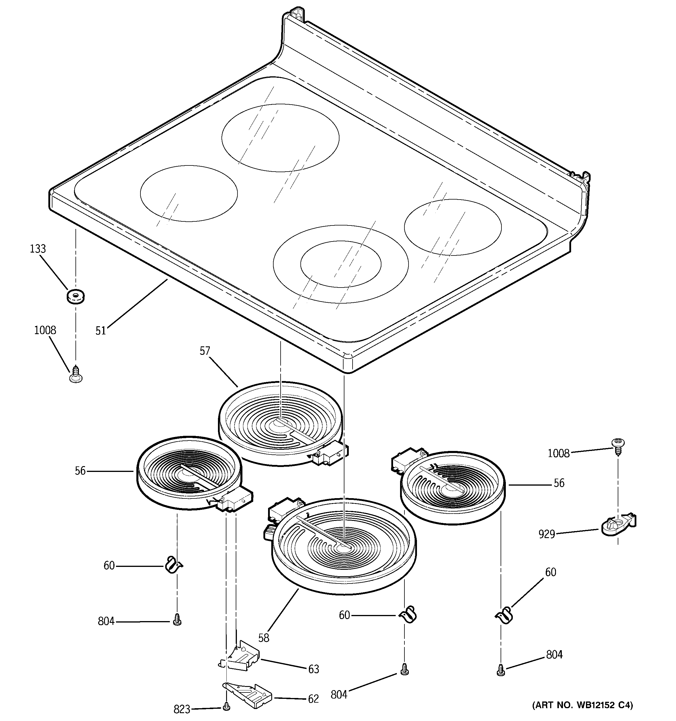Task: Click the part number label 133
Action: click(38, 249)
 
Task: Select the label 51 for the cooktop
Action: click(101, 330)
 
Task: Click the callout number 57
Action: click(205, 351)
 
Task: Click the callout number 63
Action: click(314, 669)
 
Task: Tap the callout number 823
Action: click(182, 709)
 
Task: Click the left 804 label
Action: click(106, 621)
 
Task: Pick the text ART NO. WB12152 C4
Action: click(582, 705)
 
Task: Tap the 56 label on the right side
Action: click(559, 483)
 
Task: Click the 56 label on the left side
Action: click(80, 471)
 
